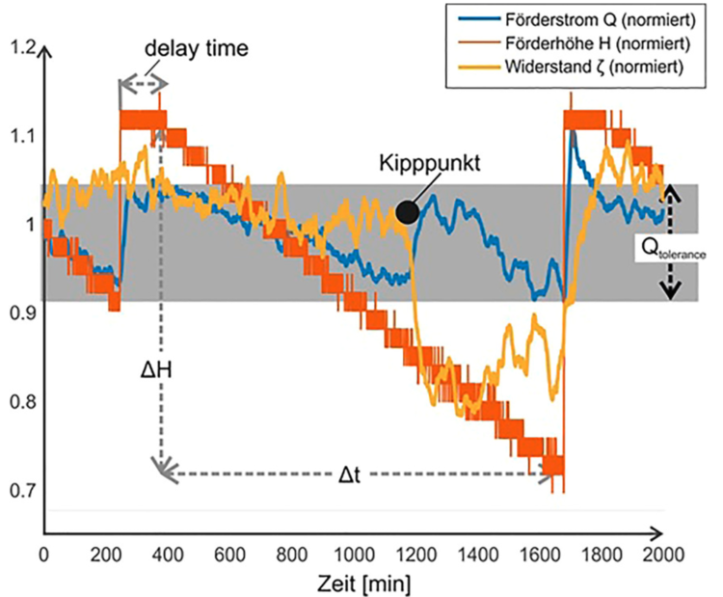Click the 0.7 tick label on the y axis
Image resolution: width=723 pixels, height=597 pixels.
(18, 490)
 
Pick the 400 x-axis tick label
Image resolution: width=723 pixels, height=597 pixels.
(167, 555)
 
